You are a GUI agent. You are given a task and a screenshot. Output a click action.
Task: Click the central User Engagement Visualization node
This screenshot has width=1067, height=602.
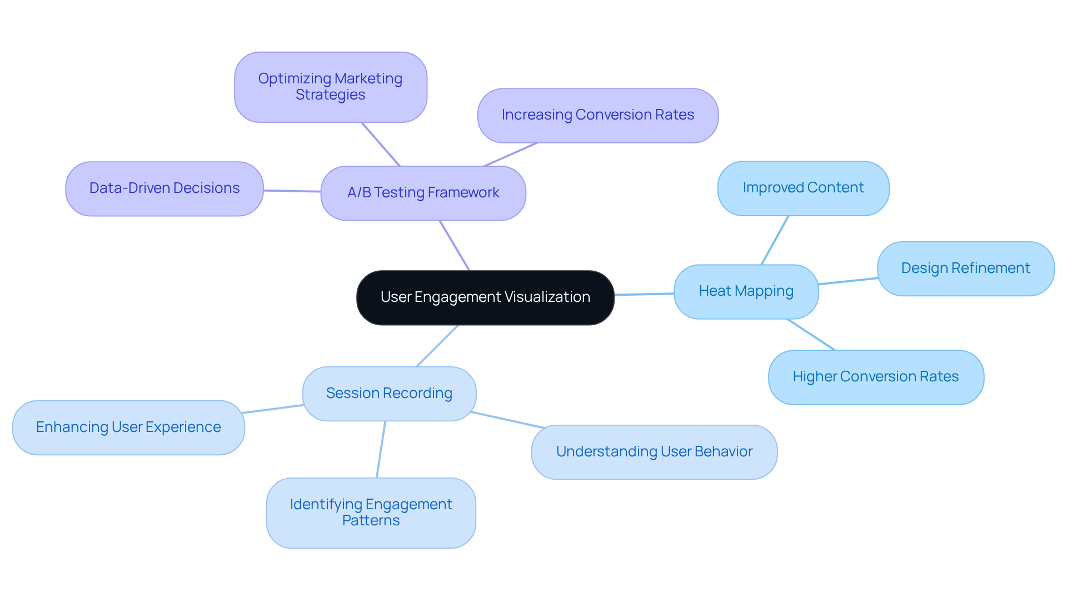click(485, 297)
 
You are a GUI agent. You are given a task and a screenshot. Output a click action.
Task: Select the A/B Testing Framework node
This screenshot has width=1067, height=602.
click(423, 193)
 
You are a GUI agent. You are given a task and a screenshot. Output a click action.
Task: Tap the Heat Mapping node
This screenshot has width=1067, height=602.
click(746, 291)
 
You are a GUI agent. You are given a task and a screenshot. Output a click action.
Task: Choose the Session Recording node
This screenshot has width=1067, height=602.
click(389, 394)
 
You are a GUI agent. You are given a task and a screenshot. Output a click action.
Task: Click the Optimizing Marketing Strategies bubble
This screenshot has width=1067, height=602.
click(330, 87)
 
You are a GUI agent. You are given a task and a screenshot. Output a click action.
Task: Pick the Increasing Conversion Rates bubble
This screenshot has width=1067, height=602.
click(597, 115)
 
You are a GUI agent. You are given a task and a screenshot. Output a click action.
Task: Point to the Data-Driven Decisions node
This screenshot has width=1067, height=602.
click(164, 188)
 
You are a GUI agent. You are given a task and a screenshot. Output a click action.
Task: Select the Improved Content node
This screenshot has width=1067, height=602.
click(803, 188)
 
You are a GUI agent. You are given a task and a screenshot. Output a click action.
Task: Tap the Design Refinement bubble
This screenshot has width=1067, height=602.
click(965, 268)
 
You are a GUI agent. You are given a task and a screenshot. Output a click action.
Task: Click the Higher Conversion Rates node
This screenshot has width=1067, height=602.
click(875, 377)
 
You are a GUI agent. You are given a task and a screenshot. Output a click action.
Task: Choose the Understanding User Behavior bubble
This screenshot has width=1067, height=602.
click(654, 452)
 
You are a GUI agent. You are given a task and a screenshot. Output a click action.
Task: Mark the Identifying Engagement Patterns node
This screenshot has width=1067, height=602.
click(371, 513)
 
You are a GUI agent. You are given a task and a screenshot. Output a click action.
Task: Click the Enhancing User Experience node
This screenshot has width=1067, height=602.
click(128, 427)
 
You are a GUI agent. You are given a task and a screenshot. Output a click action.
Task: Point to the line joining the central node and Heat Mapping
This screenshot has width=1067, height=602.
click(644, 294)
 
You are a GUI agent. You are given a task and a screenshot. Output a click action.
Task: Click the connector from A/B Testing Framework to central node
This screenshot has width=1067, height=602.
click(455, 246)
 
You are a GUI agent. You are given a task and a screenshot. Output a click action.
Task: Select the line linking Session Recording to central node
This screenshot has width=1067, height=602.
click(437, 346)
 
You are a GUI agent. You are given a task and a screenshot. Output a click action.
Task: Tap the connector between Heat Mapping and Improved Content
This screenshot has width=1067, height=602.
click(775, 240)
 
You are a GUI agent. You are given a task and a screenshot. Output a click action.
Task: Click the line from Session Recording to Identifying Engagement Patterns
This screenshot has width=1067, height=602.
click(381, 449)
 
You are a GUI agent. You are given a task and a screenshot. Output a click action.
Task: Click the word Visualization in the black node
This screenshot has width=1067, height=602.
click(547, 297)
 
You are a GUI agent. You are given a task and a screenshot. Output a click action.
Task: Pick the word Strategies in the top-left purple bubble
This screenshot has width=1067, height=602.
click(330, 95)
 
